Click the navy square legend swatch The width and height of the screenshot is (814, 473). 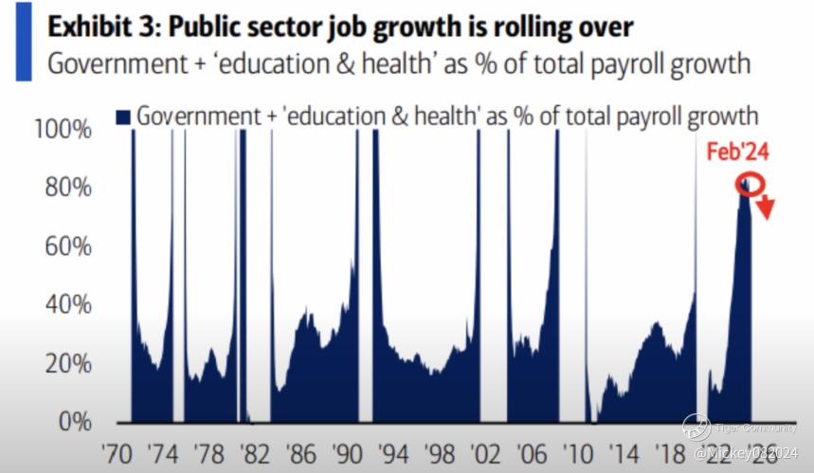click(x=122, y=117)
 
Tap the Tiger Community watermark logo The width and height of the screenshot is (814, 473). click(x=696, y=428)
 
